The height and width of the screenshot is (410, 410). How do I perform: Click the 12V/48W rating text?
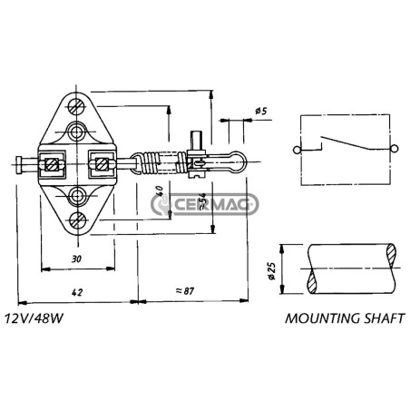(34, 318)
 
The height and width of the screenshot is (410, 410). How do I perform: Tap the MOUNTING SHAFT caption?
(345, 318)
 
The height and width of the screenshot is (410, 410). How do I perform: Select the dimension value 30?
(76, 259)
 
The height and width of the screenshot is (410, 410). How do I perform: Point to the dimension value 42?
(77, 292)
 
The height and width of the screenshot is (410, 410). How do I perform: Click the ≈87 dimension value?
(185, 291)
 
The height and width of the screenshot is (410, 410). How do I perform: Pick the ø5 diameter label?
(261, 111)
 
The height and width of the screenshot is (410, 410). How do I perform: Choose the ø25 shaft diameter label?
(272, 270)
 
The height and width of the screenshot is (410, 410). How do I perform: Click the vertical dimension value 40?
(160, 190)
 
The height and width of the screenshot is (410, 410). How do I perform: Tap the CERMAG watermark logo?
(205, 204)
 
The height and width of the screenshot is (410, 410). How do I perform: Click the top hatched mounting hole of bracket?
(76, 106)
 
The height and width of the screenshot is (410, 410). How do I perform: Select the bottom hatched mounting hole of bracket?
(78, 220)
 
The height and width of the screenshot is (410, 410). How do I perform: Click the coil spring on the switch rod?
(161, 162)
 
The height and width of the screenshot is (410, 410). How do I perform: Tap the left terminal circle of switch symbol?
(297, 150)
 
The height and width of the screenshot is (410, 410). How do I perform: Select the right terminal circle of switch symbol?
(394, 149)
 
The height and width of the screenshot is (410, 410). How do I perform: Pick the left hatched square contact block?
(52, 165)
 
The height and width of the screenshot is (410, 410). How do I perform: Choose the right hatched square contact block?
(102, 164)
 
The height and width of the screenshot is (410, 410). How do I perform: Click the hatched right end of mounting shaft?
(392, 256)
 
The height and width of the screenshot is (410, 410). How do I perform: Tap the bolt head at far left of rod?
(19, 165)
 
